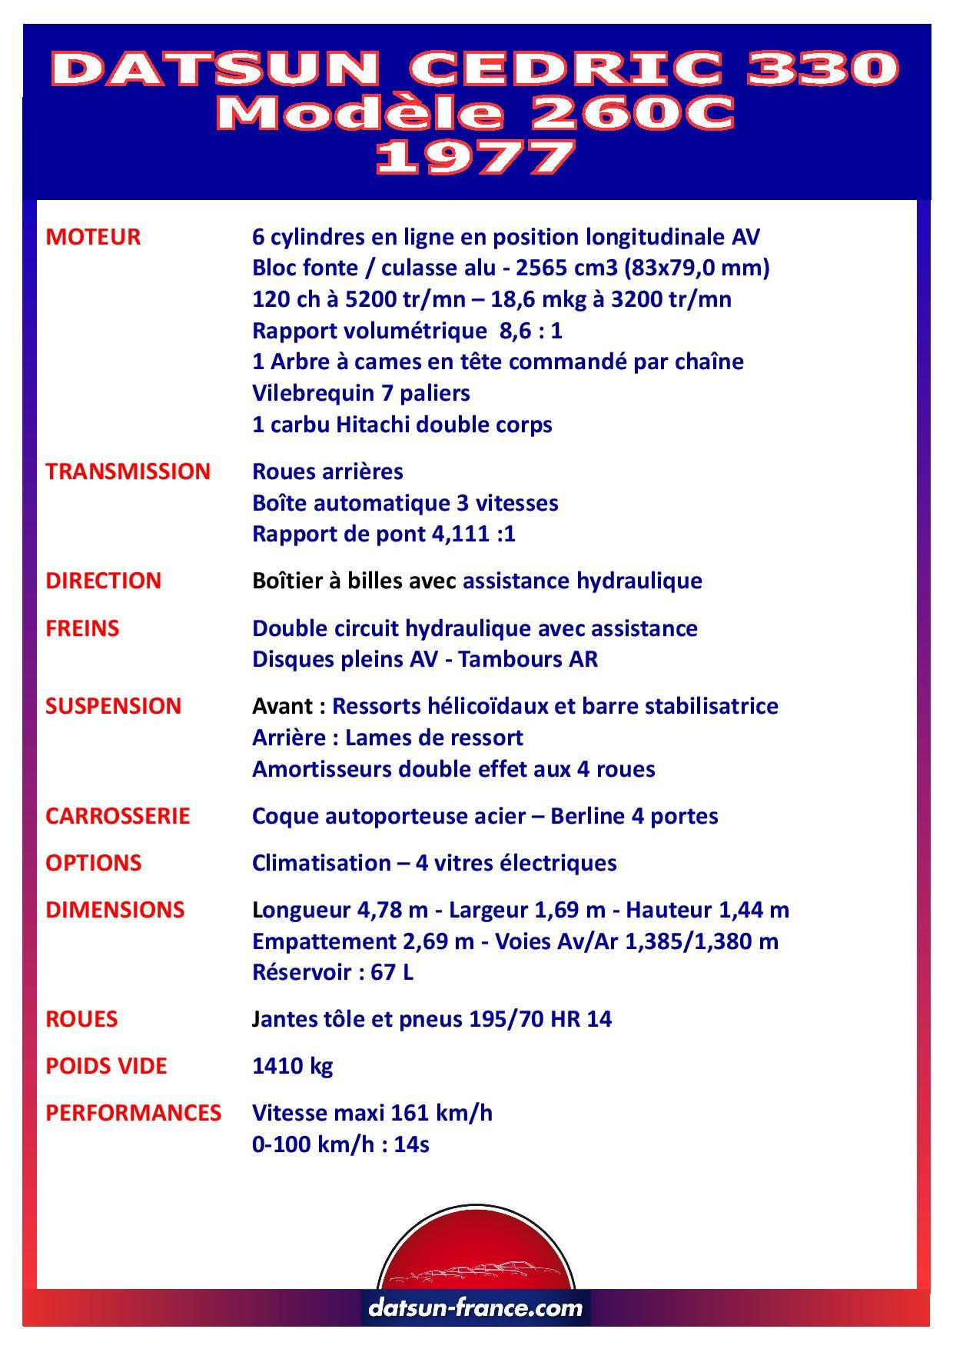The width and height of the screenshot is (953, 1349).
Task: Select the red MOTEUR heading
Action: point(93,237)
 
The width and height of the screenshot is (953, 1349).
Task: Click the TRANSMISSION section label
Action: point(128,471)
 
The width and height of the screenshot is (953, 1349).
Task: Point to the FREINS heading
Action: point(82,628)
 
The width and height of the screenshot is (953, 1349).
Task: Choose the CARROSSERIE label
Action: point(118,816)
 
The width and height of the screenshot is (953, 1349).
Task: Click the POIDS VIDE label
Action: point(106,1066)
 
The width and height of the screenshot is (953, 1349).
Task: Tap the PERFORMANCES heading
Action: point(133,1113)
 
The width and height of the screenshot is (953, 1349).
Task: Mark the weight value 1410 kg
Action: point(293,1066)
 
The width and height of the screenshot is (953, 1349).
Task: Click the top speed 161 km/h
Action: point(441,1113)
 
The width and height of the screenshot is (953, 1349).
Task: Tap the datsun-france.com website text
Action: point(476,1307)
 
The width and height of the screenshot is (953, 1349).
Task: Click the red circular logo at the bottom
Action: point(476,1251)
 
